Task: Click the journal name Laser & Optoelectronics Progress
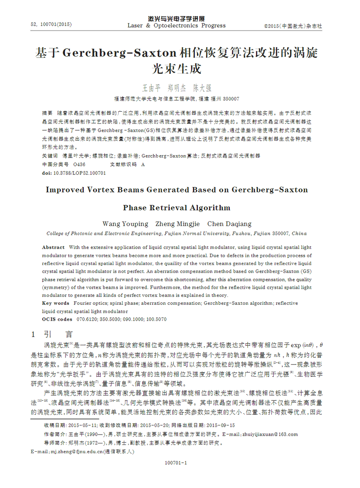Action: (x=176, y=26)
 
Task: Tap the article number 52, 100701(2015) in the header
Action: (x=51, y=25)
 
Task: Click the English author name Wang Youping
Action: (x=125, y=224)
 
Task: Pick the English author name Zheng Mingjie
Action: (x=177, y=224)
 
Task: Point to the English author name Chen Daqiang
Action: (x=229, y=224)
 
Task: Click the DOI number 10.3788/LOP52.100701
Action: (x=79, y=173)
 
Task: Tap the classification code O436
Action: (x=79, y=165)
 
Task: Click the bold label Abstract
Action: (x=53, y=247)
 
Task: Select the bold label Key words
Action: (x=55, y=303)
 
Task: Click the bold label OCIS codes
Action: (x=57, y=319)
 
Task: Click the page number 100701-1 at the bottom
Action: (x=176, y=463)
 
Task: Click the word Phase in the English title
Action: (x=135, y=207)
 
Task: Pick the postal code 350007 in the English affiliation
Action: (x=281, y=234)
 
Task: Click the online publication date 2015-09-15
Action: (x=221, y=425)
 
